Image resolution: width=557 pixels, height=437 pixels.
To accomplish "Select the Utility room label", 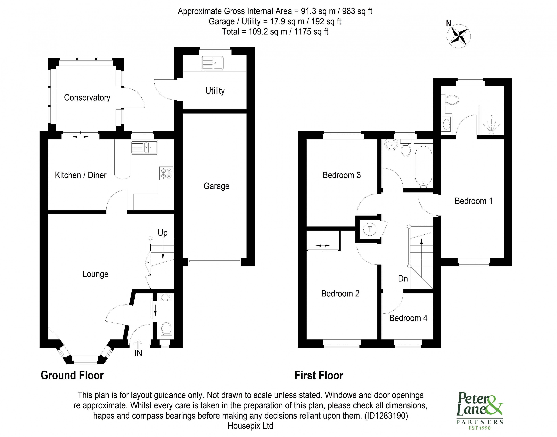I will (215, 91).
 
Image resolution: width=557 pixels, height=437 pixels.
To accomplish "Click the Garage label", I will (216, 186).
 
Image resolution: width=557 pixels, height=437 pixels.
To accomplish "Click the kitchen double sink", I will (144, 148).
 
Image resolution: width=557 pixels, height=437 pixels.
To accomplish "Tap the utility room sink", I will (212, 63).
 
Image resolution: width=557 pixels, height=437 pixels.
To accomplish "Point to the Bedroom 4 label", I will (408, 318).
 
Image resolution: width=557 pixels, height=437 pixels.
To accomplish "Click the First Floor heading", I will (319, 376).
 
